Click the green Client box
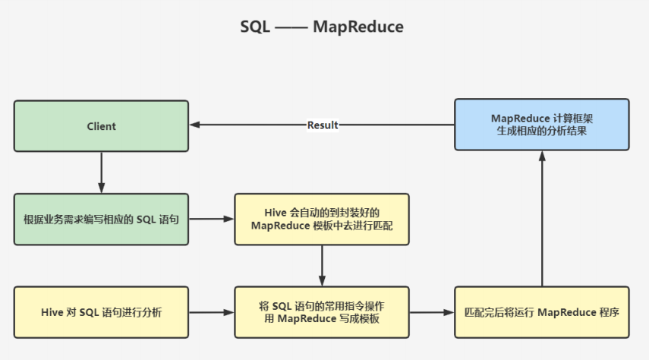pyautogui.click(x=101, y=126)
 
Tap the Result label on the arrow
pyautogui.click(x=323, y=125)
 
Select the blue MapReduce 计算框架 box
pyautogui.click(x=542, y=125)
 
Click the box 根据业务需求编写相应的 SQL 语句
pyautogui.click(x=101, y=219)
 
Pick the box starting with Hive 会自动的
pyautogui.click(x=322, y=219)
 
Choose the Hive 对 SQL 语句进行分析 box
pyautogui.click(x=101, y=312)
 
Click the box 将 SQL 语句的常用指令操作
pyautogui.click(x=322, y=312)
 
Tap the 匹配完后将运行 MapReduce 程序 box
pyautogui.click(x=542, y=312)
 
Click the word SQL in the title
pyautogui.click(x=255, y=27)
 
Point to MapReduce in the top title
pyautogui.click(x=358, y=27)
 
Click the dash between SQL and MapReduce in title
pyautogui.click(x=291, y=28)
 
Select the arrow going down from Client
pyautogui.click(x=102, y=172)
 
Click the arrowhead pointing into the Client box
pyautogui.click(x=194, y=125)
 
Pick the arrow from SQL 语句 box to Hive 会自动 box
pyautogui.click(x=212, y=219)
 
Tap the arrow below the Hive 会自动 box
pyautogui.click(x=322, y=266)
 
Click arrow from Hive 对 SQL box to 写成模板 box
pyautogui.click(x=212, y=312)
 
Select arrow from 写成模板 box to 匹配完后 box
pyautogui.click(x=432, y=312)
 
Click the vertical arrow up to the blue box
pyautogui.click(x=542, y=218)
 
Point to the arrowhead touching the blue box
pyautogui.click(x=542, y=156)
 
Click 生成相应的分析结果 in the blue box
pyautogui.click(x=542, y=131)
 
